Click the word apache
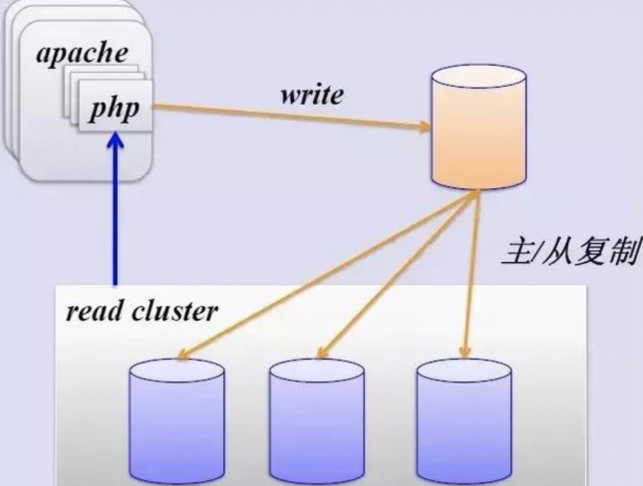(x=81, y=53)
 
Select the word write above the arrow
(x=312, y=95)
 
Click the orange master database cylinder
(x=479, y=128)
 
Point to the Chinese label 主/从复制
(x=570, y=253)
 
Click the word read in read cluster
(x=95, y=312)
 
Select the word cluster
(x=175, y=312)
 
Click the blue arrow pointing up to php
(x=116, y=212)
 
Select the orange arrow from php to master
(x=289, y=116)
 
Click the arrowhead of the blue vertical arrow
(x=116, y=140)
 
